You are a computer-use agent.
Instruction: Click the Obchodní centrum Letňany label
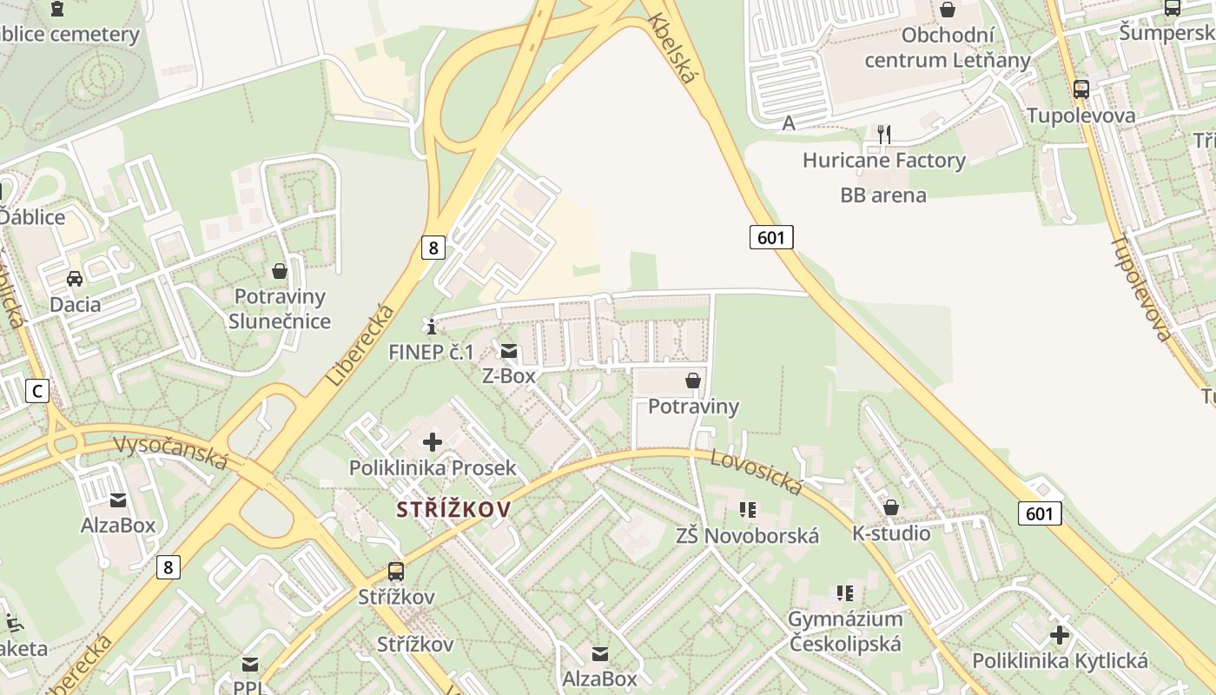pos(948,48)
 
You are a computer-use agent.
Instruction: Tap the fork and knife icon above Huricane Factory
pos(884,134)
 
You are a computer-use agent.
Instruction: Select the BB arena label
pos(883,195)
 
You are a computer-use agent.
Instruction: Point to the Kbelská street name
pos(672,49)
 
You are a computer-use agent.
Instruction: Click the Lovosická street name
pos(756,472)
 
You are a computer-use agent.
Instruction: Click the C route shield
pos(37,392)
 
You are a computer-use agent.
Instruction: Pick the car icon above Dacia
pos(75,279)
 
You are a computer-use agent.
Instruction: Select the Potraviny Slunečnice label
pos(280,308)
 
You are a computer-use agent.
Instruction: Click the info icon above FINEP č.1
pos(432,327)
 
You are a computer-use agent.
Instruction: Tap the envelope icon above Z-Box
pos(509,351)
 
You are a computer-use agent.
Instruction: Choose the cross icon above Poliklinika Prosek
pos(432,442)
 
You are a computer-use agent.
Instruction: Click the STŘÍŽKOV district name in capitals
pos(454,509)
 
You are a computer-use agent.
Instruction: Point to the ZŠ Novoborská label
pos(747,535)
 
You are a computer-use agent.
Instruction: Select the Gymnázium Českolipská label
pos(845,632)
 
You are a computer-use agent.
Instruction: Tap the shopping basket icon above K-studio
pos(891,507)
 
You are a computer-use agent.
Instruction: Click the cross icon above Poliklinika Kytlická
pos(1060,635)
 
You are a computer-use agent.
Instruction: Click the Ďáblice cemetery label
pos(69,35)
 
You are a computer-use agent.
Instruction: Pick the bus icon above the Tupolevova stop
pos(1081,89)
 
